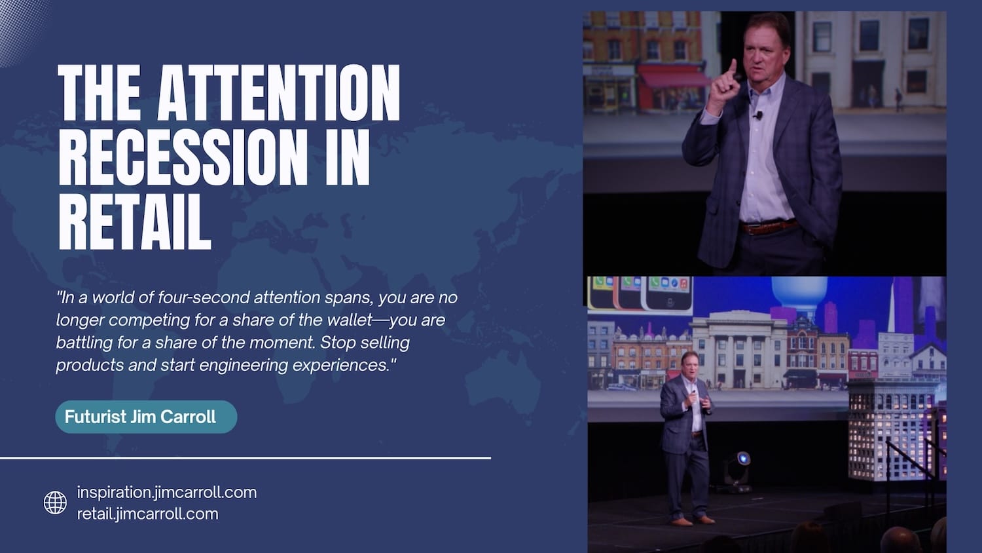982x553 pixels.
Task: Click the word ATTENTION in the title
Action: pyautogui.click(x=279, y=93)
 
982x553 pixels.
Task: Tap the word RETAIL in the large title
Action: pyautogui.click(x=135, y=221)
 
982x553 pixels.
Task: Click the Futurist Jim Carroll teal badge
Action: pyautogui.click(x=146, y=417)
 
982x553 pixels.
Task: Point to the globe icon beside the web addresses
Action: pyautogui.click(x=55, y=503)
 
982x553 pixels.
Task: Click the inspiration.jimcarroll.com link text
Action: pyautogui.click(x=167, y=493)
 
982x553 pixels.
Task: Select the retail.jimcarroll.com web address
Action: pyautogui.click(x=148, y=514)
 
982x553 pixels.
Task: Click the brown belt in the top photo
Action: pyautogui.click(x=768, y=227)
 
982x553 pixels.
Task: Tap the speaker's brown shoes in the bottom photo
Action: pyautogui.click(x=693, y=521)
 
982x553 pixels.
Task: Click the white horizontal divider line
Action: pyautogui.click(x=245, y=458)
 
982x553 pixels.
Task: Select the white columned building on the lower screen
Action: pyautogui.click(x=740, y=351)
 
